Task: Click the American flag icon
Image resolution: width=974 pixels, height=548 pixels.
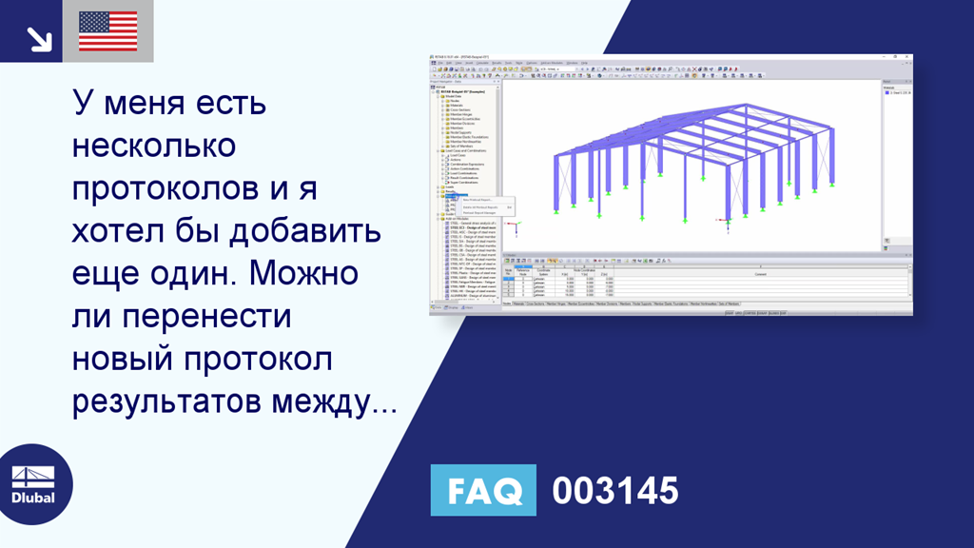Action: (x=107, y=31)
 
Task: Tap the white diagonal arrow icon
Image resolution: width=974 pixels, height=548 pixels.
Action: (x=39, y=37)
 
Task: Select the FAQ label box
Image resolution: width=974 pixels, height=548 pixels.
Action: (x=483, y=491)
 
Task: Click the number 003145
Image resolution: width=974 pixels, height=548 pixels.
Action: (x=615, y=491)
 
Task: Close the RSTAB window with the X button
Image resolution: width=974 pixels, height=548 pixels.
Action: (x=908, y=58)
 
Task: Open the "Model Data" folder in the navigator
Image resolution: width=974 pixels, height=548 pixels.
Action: (x=458, y=96)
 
